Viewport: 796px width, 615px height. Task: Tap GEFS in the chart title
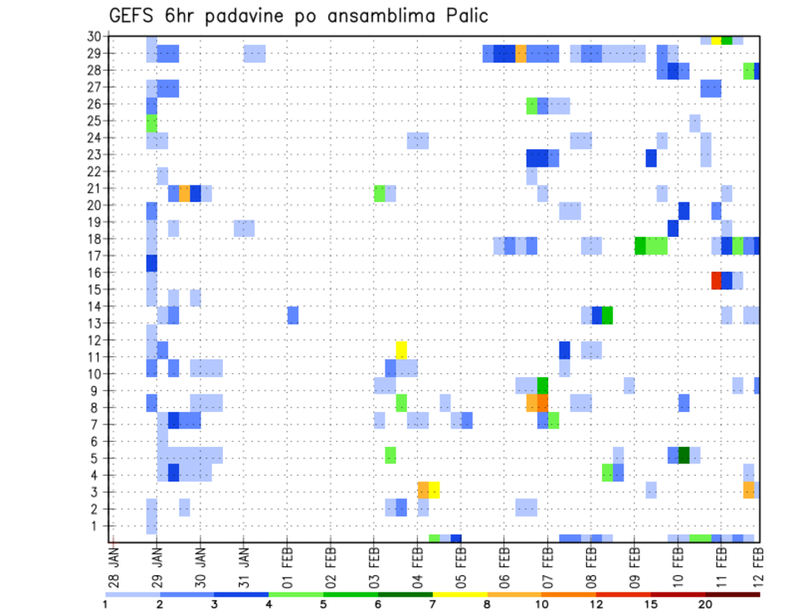tap(134, 16)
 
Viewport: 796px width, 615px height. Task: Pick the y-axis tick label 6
tap(97, 442)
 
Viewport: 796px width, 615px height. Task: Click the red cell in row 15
tap(716, 280)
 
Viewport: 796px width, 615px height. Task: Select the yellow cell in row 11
tap(401, 350)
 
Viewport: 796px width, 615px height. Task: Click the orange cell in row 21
tap(184, 193)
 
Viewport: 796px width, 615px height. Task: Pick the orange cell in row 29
tap(521, 54)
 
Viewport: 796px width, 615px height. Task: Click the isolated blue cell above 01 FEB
tap(293, 315)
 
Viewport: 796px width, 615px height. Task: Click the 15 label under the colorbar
tap(652, 603)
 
